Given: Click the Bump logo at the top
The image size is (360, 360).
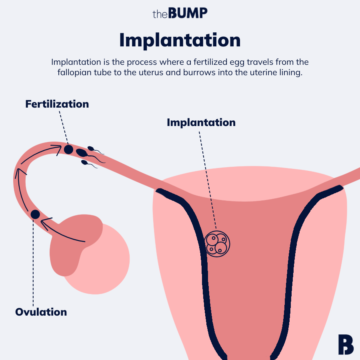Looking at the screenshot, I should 180,13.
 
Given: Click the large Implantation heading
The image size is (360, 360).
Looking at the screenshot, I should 180,40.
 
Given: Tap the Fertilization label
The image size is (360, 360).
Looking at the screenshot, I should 57,104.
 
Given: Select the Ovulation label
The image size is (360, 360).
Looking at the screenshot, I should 41,312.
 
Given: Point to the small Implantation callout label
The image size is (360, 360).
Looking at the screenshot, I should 201,122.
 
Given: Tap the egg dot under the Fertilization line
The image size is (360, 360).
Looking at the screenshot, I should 69,149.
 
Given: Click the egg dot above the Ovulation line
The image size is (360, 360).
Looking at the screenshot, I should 35,214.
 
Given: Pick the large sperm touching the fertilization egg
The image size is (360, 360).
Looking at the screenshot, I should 82,152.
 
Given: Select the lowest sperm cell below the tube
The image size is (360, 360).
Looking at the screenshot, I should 85,162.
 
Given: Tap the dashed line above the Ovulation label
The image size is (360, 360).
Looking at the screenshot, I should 33,260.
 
